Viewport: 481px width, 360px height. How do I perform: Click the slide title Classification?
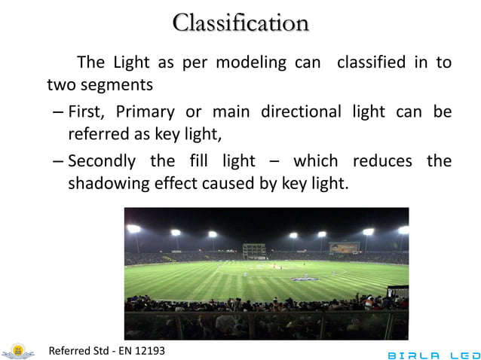click(x=240, y=23)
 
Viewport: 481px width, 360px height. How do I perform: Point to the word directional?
click(x=302, y=113)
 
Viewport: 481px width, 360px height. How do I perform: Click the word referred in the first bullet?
click(x=97, y=134)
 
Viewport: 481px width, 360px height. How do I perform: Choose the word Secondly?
click(x=102, y=161)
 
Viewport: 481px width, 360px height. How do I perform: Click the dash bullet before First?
click(x=58, y=114)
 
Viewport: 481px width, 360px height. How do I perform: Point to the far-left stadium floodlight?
click(x=133, y=228)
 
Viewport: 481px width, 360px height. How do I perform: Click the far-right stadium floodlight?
click(x=403, y=230)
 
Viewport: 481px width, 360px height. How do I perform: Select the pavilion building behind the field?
click(x=254, y=249)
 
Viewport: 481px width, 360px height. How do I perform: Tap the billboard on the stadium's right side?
click(x=344, y=247)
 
